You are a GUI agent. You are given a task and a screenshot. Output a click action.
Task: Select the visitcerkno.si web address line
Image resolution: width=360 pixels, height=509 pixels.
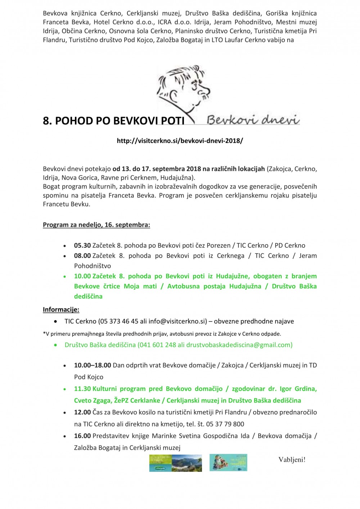click(x=180, y=141)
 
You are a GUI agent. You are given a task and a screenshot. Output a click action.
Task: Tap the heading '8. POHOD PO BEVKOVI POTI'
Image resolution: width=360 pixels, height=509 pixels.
click(x=114, y=121)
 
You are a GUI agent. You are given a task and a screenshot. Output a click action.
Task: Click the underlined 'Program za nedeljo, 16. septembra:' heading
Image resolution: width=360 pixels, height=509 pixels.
click(x=96, y=225)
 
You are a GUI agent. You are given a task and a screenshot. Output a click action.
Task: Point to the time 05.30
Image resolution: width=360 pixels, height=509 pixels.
click(x=82, y=246)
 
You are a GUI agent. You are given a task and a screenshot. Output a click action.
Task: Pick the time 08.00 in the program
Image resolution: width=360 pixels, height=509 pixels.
click(x=82, y=256)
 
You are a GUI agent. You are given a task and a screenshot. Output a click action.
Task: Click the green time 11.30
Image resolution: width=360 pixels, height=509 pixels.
click(x=82, y=389)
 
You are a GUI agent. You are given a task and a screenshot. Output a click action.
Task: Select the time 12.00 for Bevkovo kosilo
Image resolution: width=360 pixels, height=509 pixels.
click(x=82, y=412)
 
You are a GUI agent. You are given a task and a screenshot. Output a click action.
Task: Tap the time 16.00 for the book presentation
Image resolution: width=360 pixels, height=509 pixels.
click(x=82, y=436)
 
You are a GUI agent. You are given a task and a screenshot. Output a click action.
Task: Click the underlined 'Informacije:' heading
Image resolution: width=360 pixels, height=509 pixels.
click(x=61, y=310)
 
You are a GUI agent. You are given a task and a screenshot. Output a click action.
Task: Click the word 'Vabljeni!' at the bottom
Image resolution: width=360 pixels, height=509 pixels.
click(x=292, y=460)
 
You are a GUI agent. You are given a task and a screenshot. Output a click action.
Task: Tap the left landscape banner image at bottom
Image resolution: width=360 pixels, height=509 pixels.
click(x=176, y=463)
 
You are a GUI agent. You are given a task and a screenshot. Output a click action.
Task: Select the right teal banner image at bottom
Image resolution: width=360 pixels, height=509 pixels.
click(x=228, y=463)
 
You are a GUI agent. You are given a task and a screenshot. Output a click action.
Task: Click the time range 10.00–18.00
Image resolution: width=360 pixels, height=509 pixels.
click(x=93, y=365)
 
